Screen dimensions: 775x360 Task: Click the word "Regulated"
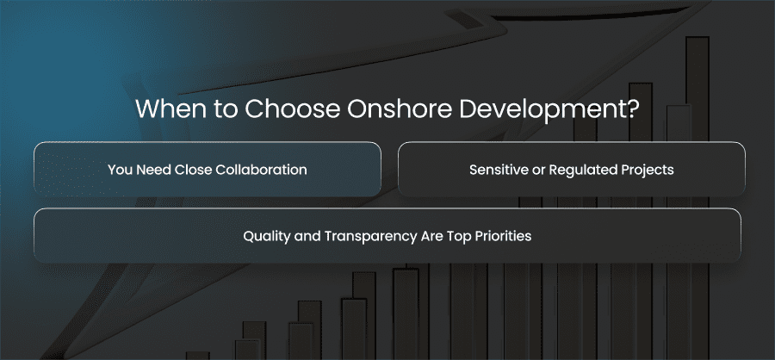click(x=578, y=171)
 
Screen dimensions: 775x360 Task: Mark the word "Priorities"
click(x=503, y=236)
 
